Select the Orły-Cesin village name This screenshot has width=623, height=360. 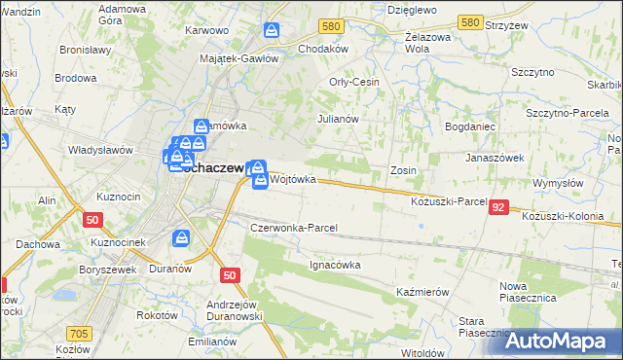(x=354, y=83)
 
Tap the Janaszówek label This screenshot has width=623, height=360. (x=495, y=157)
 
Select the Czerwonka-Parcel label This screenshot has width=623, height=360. (x=294, y=228)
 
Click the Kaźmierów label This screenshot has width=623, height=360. (x=421, y=292)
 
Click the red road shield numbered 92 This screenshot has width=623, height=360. (x=498, y=207)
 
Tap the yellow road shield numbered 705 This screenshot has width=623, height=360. (x=80, y=334)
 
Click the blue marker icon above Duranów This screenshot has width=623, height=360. (x=182, y=238)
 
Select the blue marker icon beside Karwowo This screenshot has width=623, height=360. (x=273, y=32)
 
